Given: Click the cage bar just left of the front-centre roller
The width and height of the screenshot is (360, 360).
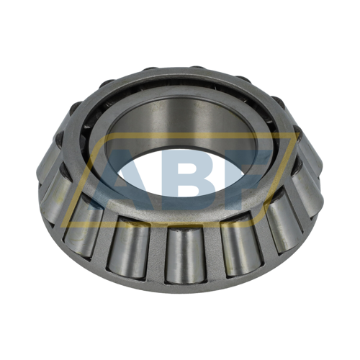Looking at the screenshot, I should coord(156,254).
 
